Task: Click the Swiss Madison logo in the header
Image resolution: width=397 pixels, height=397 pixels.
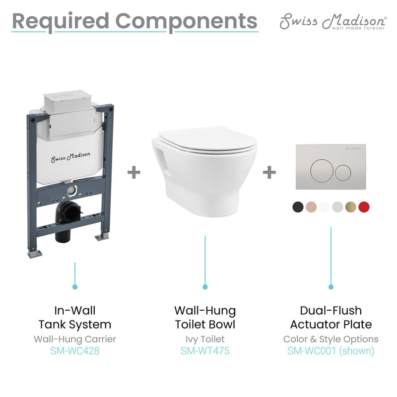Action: click(332, 22)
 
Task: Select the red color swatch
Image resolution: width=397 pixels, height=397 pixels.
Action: click(364, 207)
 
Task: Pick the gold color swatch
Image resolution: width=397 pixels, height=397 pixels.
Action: click(351, 207)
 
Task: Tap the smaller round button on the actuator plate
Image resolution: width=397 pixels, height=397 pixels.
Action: click(342, 173)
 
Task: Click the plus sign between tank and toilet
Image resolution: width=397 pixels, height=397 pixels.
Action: click(134, 172)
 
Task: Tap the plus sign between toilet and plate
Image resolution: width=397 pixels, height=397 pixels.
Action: click(269, 172)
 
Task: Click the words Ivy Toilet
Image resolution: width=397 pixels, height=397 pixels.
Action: click(205, 339)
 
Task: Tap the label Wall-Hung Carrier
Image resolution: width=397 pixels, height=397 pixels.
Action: click(75, 339)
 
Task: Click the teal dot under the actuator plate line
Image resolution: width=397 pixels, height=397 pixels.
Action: click(331, 286)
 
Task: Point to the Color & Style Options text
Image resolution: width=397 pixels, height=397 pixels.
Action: click(331, 339)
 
